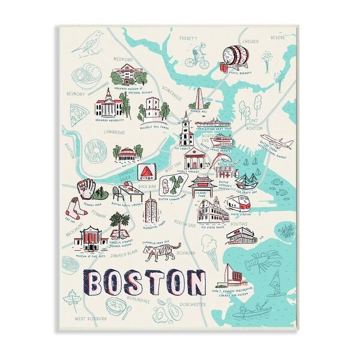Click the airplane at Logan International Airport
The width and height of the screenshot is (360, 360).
[281, 144]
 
